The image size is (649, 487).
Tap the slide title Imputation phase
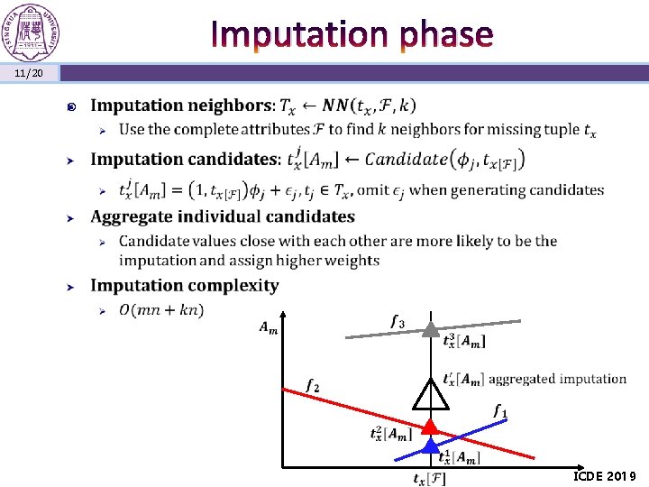click(x=352, y=34)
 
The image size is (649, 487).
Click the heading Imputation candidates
click(x=186, y=160)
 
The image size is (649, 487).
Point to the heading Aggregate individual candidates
click(x=223, y=216)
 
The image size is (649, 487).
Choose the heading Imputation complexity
click(x=185, y=285)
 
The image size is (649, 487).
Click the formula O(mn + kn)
click(x=160, y=310)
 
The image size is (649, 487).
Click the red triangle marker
click(x=431, y=426)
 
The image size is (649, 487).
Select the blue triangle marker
click(x=431, y=445)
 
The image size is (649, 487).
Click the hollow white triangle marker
click(x=431, y=393)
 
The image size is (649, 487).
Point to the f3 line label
click(x=397, y=321)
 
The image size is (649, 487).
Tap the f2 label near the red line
click(x=312, y=385)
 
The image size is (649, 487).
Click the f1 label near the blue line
click(x=500, y=411)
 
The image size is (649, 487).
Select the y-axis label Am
click(x=268, y=328)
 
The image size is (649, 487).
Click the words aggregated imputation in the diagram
click(x=557, y=379)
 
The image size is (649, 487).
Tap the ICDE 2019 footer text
click(x=604, y=475)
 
